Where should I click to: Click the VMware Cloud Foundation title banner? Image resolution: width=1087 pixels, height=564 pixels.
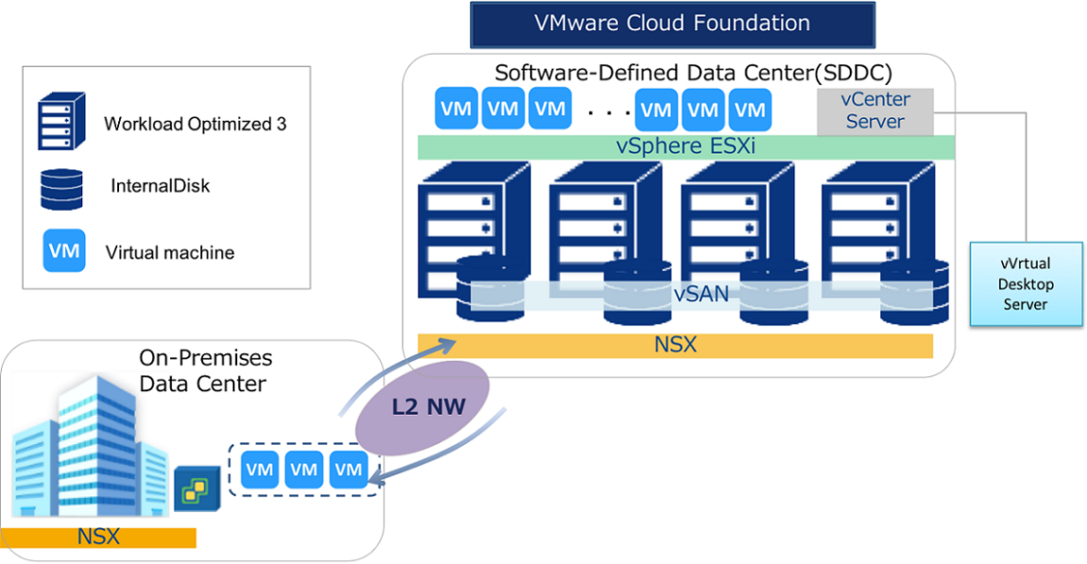[672, 25]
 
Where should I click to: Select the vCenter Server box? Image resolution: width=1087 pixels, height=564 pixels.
[875, 111]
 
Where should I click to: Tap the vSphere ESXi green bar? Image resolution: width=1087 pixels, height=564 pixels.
[686, 146]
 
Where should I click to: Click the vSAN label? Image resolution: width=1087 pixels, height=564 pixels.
[700, 294]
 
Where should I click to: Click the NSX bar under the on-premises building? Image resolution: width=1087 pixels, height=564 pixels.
[98, 538]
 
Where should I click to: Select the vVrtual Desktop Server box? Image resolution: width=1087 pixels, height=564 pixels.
[1026, 284]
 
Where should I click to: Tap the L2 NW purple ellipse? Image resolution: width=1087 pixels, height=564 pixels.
[423, 407]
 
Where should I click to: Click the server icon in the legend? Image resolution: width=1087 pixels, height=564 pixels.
[61, 121]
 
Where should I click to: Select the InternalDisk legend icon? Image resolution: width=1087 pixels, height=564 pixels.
[61, 187]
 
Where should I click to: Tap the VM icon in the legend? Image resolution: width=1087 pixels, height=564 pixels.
[63, 251]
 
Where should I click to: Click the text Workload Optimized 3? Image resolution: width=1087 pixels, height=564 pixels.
[195, 124]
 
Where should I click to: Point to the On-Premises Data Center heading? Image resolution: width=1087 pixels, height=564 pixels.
[205, 371]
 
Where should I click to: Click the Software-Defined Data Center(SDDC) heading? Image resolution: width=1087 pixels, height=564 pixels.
[693, 73]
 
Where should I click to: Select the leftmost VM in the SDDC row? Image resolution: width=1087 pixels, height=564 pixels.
[456, 110]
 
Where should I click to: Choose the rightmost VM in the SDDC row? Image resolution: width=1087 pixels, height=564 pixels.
[750, 110]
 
